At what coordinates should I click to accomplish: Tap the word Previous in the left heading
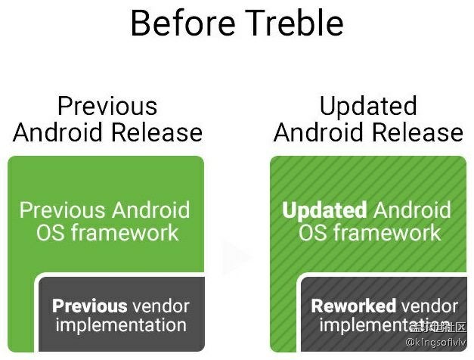(x=107, y=106)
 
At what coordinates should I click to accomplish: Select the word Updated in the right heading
(x=368, y=106)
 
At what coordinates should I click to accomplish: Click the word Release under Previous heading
(x=156, y=133)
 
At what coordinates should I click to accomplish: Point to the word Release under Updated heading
(x=417, y=133)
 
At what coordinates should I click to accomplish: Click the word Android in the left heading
(x=59, y=133)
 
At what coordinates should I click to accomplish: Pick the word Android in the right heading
(x=320, y=133)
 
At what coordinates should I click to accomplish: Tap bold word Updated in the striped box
(x=324, y=209)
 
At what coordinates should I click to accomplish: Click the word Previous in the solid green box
(x=63, y=209)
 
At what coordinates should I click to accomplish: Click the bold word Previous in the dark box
(x=89, y=306)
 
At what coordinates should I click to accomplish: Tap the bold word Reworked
(x=353, y=306)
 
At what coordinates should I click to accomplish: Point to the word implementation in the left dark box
(x=120, y=326)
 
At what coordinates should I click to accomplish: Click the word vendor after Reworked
(x=429, y=306)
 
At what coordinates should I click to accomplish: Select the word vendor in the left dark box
(x=160, y=306)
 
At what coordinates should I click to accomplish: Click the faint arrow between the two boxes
(x=237, y=257)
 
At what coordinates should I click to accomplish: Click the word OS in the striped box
(x=311, y=232)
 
